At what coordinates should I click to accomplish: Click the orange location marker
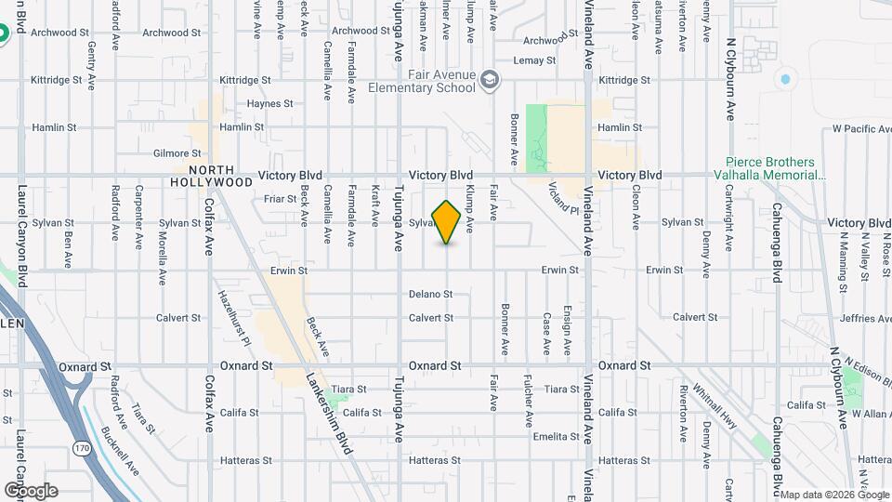[x=447, y=222]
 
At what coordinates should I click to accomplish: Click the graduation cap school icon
[x=489, y=83]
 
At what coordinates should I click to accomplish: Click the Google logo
[x=31, y=490]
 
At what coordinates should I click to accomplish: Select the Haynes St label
[x=270, y=104]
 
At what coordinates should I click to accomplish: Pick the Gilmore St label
[x=177, y=153]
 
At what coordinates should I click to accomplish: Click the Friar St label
[x=280, y=198]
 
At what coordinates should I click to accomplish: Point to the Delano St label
[x=430, y=295]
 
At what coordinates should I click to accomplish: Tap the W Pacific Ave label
[x=861, y=128]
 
